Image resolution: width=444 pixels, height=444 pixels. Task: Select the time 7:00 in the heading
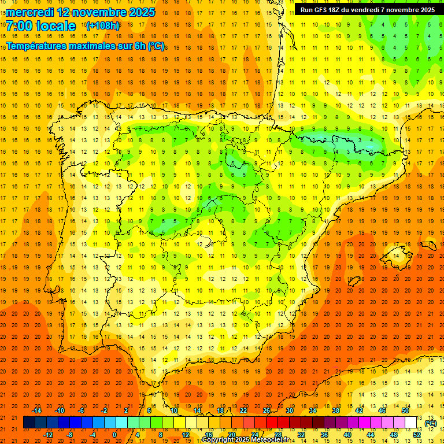point(19,26)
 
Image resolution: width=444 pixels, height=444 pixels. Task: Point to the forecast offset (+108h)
point(102,26)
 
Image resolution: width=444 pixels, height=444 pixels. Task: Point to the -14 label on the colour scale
point(36,410)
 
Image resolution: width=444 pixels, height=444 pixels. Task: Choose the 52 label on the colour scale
point(417,435)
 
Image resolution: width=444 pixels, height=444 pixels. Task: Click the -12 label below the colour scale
point(49,435)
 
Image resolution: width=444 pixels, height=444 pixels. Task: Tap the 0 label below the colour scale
point(114,435)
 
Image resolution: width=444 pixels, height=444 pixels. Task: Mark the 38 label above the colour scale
point(335,410)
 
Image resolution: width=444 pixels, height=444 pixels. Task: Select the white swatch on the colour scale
point(411,423)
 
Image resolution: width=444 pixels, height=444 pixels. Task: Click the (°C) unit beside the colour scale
point(431,423)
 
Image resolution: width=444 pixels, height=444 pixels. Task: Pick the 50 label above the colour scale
point(405,410)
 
